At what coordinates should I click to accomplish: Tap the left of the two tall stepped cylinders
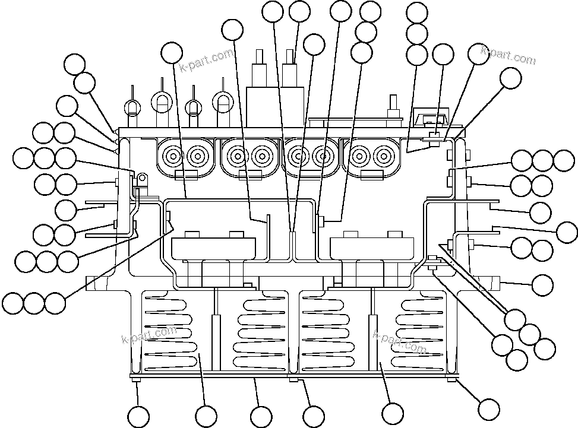[x=260, y=71]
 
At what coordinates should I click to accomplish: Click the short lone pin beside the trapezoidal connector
[x=393, y=108]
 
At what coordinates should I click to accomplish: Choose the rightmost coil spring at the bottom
[x=418, y=329]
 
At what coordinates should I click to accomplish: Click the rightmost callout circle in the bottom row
[x=489, y=408]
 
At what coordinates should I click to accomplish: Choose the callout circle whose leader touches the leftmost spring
[x=206, y=416]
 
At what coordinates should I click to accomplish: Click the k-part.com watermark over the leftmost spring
[x=149, y=335]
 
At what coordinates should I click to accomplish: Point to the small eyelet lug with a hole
[x=142, y=178]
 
